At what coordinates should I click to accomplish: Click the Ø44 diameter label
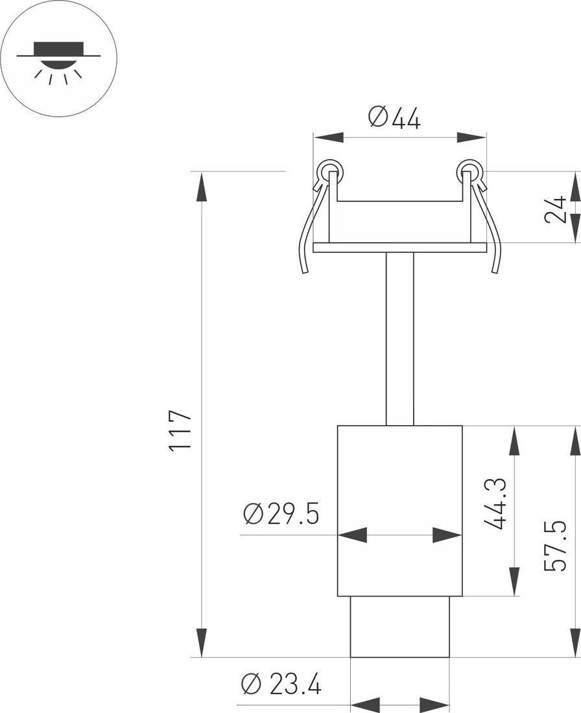tap(394, 118)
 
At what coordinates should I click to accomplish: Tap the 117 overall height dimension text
tap(179, 430)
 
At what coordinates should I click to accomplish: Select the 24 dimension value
tap(556, 209)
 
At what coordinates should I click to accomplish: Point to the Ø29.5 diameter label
tap(281, 514)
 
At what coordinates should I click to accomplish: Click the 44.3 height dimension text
tap(495, 504)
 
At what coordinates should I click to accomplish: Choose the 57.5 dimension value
tap(556, 545)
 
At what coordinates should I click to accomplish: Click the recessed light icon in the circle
tap(58, 62)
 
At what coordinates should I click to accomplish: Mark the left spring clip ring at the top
tap(330, 171)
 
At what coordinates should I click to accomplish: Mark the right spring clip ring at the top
tap(469, 171)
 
